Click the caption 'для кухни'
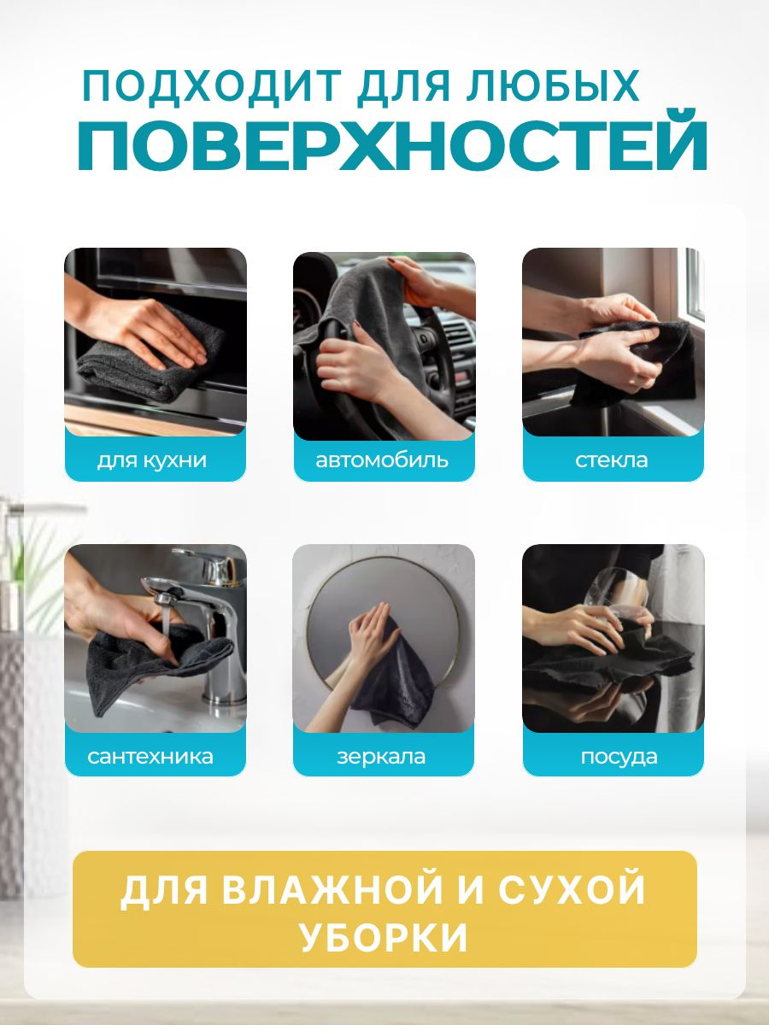tap(152, 460)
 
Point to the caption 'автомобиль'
tap(382, 460)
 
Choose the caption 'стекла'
tap(612, 460)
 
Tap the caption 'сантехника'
tap(150, 757)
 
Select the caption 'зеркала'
tap(381, 757)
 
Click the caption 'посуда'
tap(619, 757)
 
